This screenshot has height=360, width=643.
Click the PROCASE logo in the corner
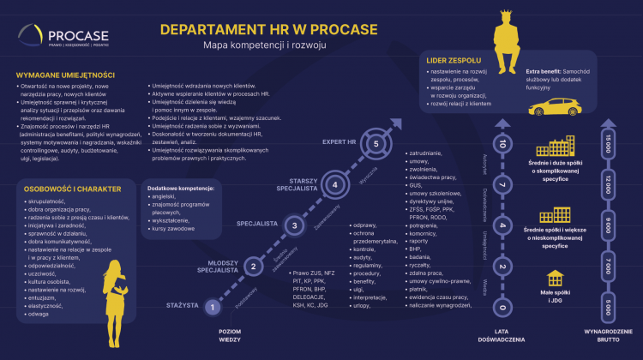pyautogui.click(x=60, y=39)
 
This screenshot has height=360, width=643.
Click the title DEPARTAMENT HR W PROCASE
pyautogui.click(x=268, y=29)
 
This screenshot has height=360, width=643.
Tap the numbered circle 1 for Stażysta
pyautogui.click(x=214, y=306)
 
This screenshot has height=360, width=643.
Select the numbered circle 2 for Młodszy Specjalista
pyautogui.click(x=253, y=267)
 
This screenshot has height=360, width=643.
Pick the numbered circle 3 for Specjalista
pyautogui.click(x=294, y=225)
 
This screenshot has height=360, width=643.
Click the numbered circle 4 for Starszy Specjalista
pyautogui.click(x=335, y=183)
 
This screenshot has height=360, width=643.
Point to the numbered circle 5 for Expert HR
pyautogui.click(x=376, y=143)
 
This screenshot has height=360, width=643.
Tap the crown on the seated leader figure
pyautogui.click(x=504, y=16)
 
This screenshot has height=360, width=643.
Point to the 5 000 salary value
pyautogui.click(x=608, y=305)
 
